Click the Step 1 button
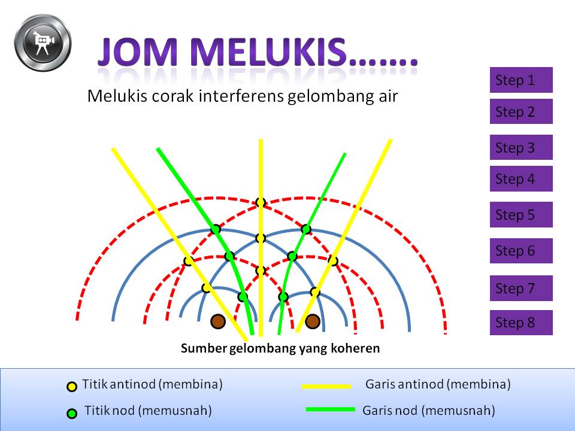point(521,80)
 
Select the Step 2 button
point(521,111)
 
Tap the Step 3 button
point(521,147)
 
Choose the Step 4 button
point(521,178)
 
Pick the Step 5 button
point(521,214)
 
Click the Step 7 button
point(521,288)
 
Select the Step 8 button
point(521,323)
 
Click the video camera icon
point(43,43)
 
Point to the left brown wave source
point(218,321)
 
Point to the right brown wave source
point(313,321)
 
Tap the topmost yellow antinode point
point(261,202)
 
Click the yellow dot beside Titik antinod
point(72,387)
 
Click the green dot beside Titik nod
point(72,414)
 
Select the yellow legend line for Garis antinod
point(326,386)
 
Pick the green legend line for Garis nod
point(331,409)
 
